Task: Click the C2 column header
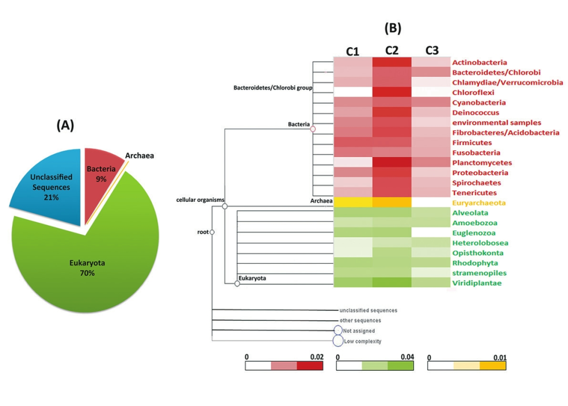tap(391, 50)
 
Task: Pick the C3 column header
tap(431, 50)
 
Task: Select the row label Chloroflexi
tap(473, 92)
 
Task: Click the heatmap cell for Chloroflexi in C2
tap(391, 92)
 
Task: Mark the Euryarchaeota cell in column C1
tap(353, 202)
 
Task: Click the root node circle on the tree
tap(212, 232)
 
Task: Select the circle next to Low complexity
tap(338, 341)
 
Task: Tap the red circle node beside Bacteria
tap(312, 129)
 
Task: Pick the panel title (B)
tap(393, 28)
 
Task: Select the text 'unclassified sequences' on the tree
tap(367, 311)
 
